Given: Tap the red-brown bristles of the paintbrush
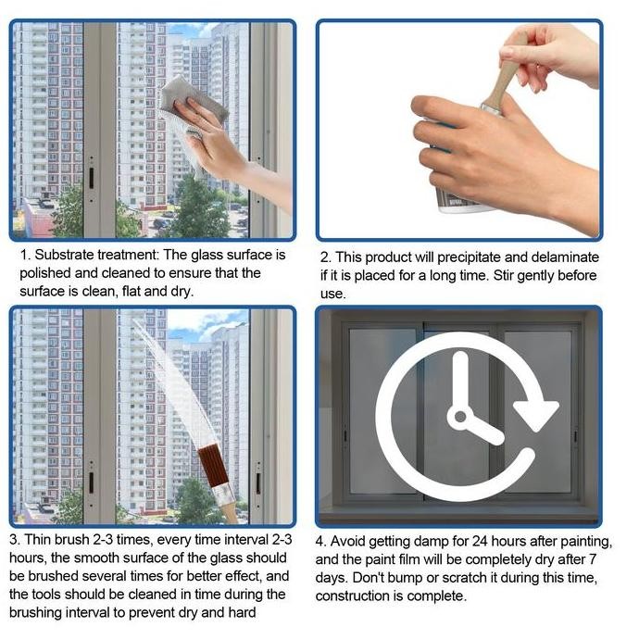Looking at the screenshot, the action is coord(212,466).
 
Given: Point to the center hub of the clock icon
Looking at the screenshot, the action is coord(460,417).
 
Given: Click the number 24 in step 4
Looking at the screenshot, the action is coord(480,541).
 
